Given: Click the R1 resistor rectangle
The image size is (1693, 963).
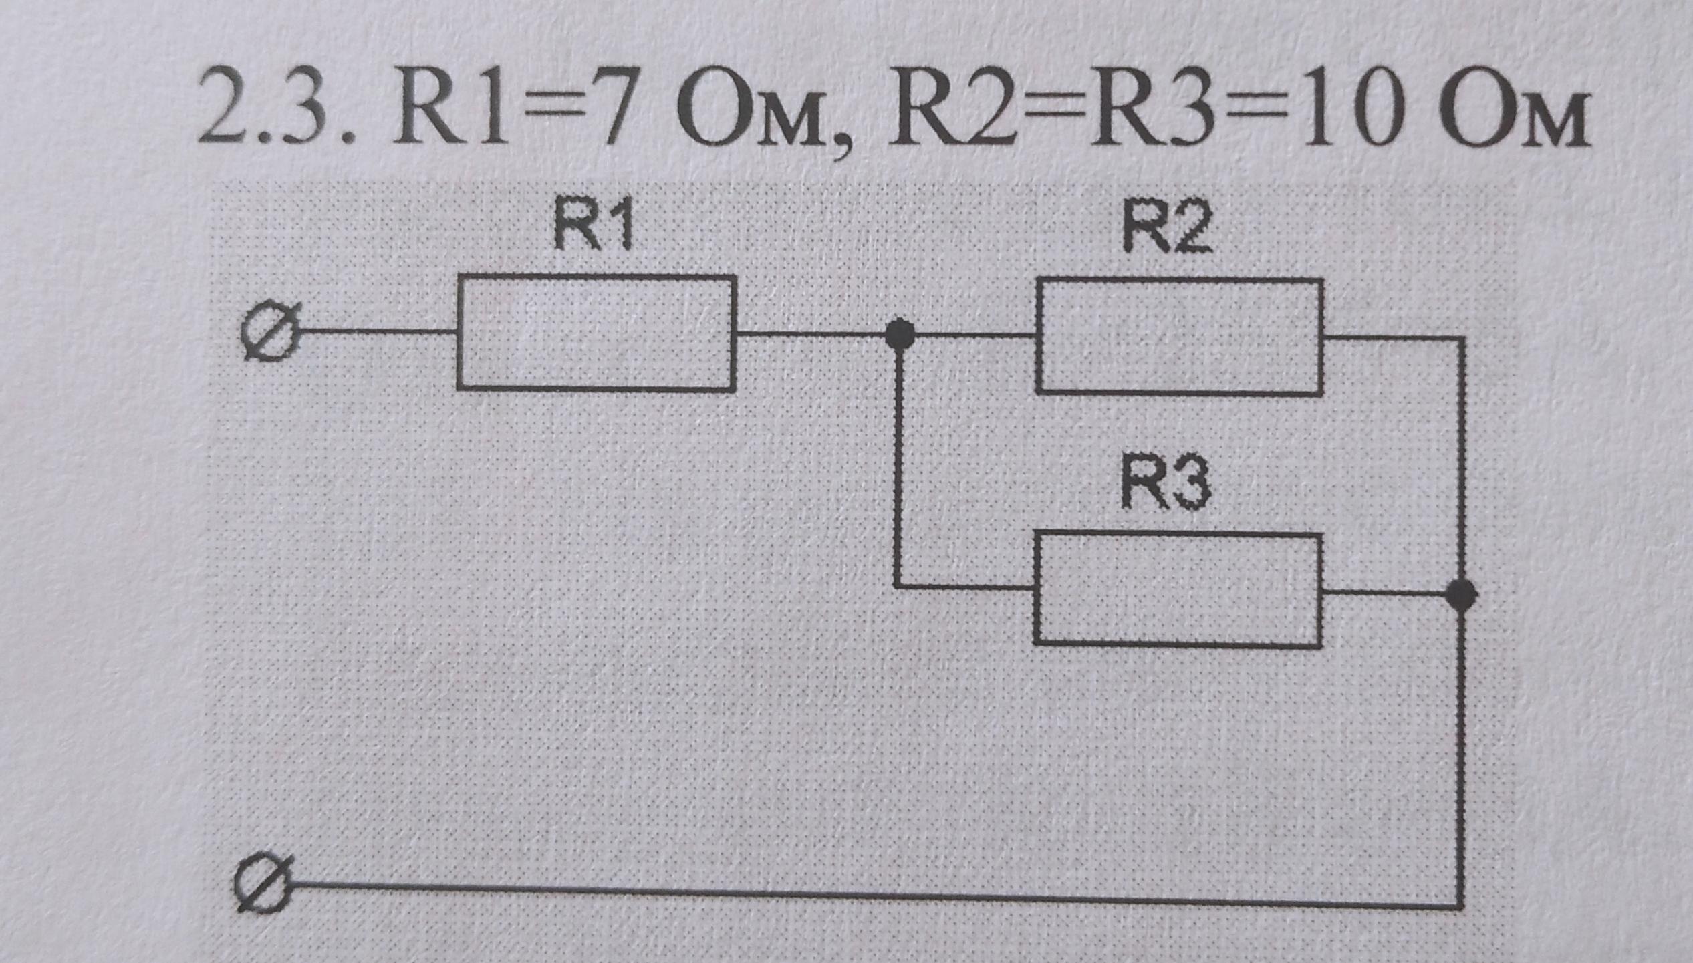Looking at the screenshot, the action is coord(596,332).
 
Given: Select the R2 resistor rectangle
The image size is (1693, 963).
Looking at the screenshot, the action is coord(1179,337).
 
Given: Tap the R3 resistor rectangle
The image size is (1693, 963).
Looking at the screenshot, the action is coord(1177,589).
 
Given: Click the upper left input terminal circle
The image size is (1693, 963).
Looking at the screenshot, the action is coord(271,332).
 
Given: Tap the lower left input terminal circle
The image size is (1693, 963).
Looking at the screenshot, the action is coord(263,885).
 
